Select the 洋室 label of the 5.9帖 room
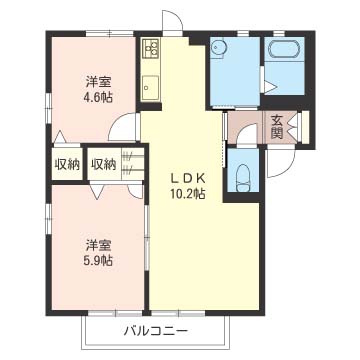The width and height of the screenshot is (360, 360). point(98,243)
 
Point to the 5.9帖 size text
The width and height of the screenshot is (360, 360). point(98,260)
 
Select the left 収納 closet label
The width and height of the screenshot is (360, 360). point(67,164)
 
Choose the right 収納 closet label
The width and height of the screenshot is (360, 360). point(103,164)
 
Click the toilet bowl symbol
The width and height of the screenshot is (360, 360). point(244,175)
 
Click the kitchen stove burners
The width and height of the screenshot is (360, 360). point(150,48)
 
